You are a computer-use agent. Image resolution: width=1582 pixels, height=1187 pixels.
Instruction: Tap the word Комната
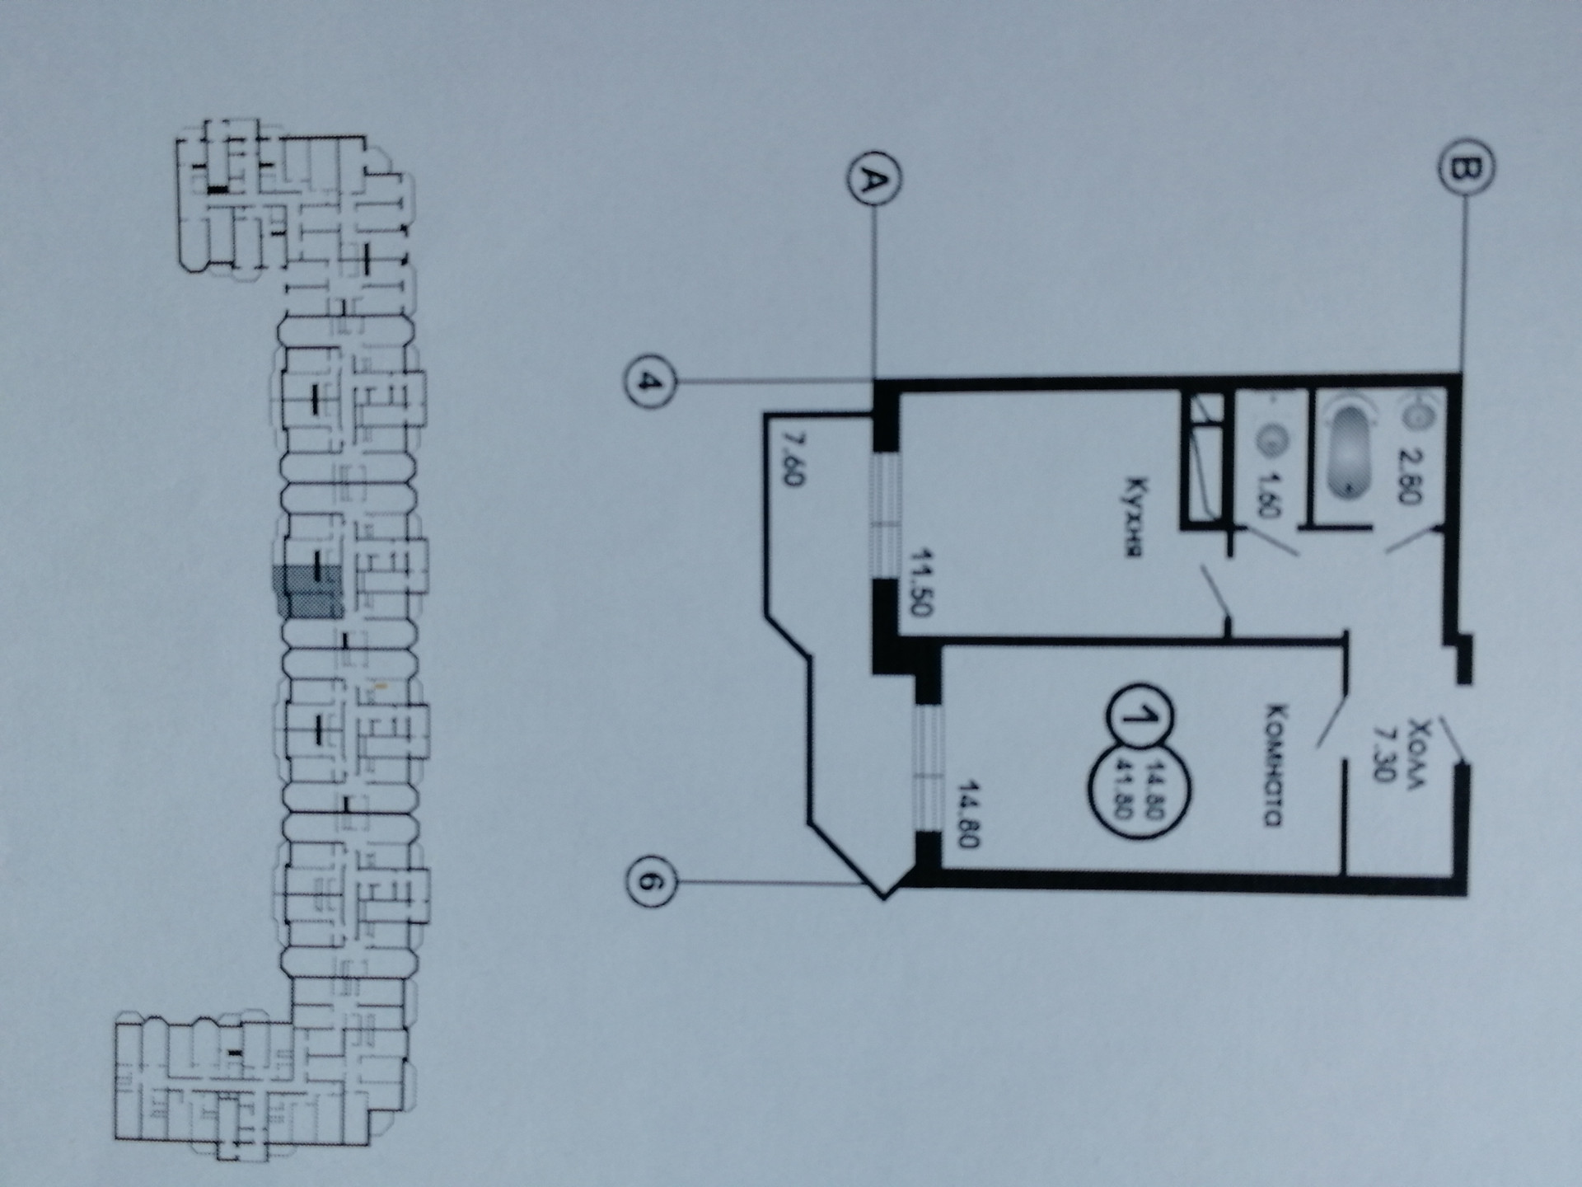tap(1274, 764)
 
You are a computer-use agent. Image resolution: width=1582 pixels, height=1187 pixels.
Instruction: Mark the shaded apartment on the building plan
tap(309, 592)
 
